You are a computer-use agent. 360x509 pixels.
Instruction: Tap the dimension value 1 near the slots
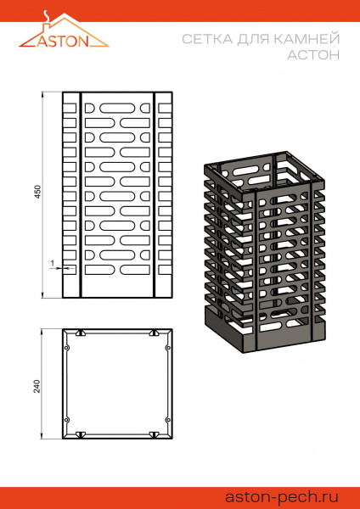52,263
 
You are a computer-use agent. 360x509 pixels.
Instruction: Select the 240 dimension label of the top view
37,385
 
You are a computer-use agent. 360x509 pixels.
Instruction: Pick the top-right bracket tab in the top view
154,333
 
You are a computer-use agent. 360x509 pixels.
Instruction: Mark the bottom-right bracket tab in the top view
154,435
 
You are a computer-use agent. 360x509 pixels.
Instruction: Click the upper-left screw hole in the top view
67,346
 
